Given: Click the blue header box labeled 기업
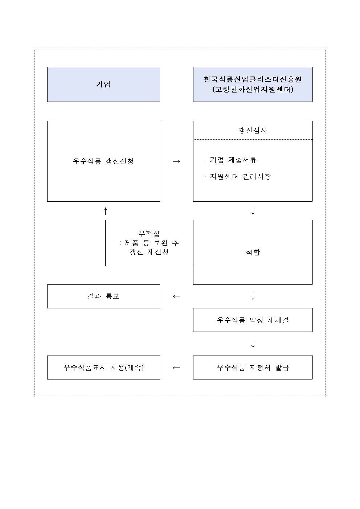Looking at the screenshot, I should tap(103, 84).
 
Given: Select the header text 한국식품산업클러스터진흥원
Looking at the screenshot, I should tap(253, 79).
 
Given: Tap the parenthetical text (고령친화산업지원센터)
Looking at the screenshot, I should tap(253, 89).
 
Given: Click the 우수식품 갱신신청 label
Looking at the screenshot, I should tap(103, 161).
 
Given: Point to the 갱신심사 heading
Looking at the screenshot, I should tap(253, 130).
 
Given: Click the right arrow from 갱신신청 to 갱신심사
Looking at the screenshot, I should tap(176, 161).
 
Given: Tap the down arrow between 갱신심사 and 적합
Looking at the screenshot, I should tap(253, 211).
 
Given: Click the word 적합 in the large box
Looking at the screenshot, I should tap(253, 252).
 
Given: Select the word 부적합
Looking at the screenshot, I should tap(149, 234).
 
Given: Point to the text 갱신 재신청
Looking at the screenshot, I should tap(149, 252).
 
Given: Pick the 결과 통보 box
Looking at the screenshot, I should tap(103, 296).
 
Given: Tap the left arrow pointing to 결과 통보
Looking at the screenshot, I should tap(176, 296).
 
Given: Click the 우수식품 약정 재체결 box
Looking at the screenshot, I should tap(253, 320).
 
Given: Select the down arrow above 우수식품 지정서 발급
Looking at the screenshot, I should tap(253, 344).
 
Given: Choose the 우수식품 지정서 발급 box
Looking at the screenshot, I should tap(253, 368).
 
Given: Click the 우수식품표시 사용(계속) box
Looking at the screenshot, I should tap(103, 368).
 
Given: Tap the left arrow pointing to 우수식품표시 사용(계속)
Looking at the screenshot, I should tap(176, 368).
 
